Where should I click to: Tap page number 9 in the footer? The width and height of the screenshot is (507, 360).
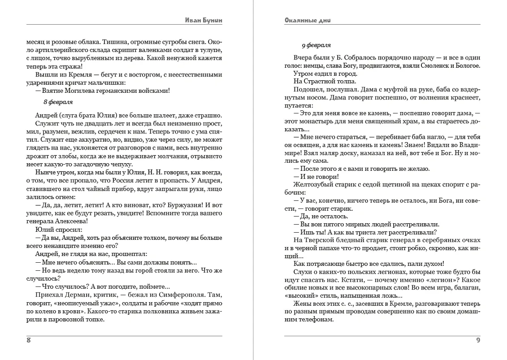(x=478, y=340)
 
